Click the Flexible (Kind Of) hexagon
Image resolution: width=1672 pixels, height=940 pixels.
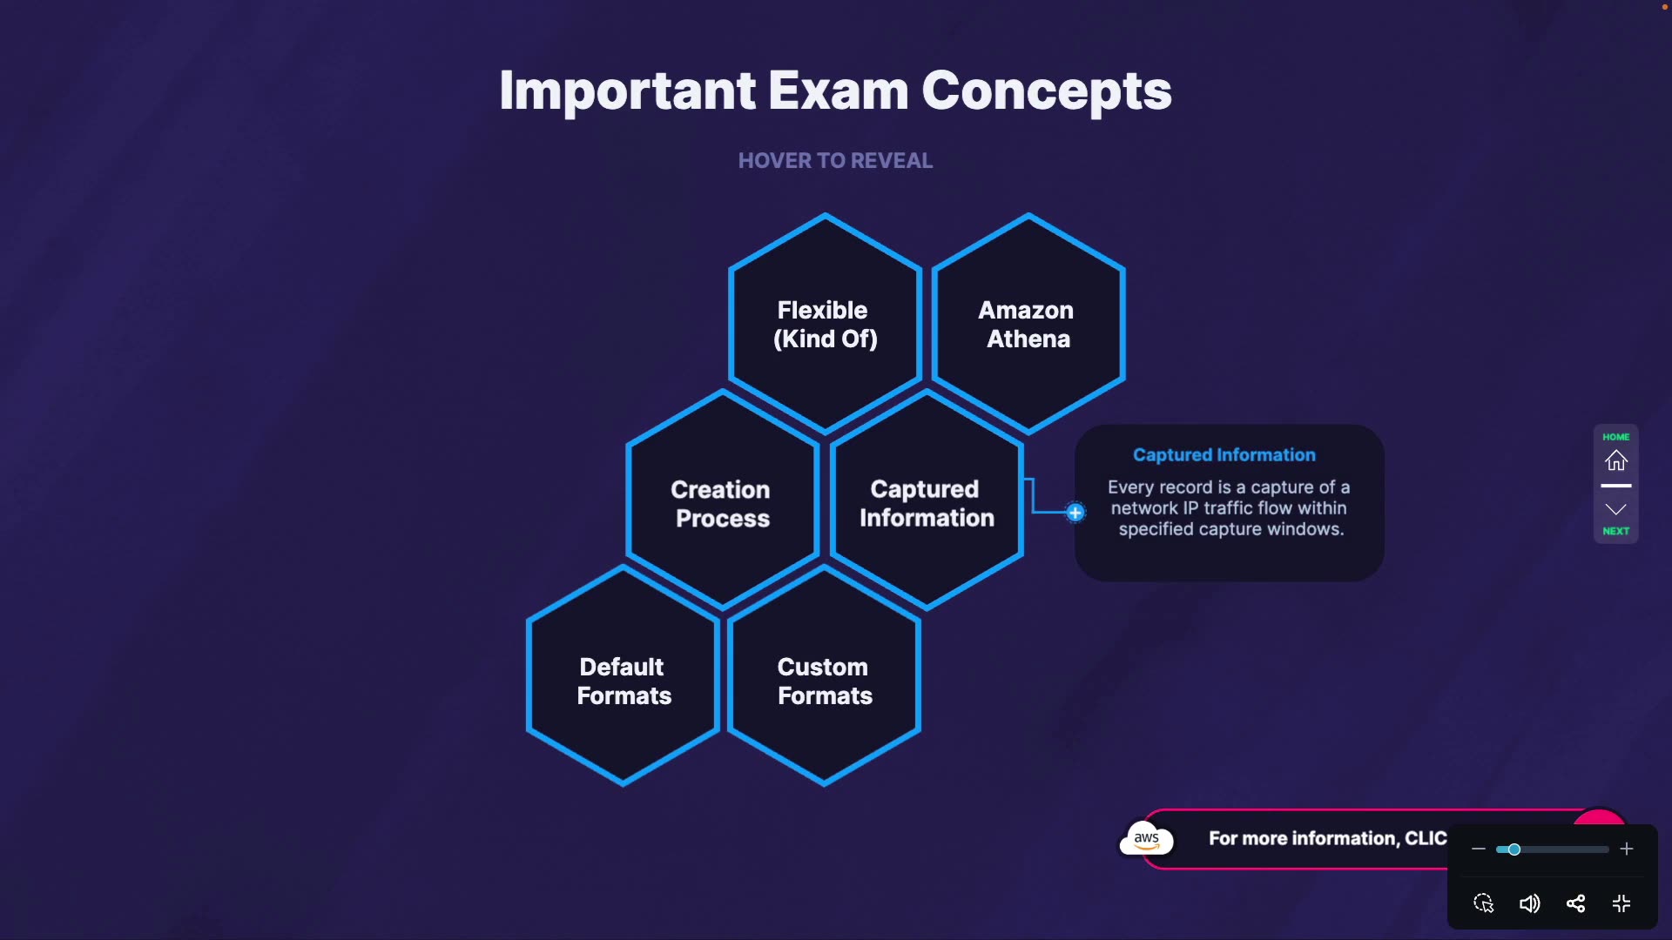[825, 324]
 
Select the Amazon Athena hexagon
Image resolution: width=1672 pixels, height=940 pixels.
[1028, 324]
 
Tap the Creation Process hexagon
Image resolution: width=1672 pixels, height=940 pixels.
[722, 503]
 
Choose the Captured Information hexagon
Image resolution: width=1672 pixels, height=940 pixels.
[927, 503]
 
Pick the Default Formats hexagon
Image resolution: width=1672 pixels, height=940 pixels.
[624, 681]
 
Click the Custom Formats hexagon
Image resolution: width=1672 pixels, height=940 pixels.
[824, 681]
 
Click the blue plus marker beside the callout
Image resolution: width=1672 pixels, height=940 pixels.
[1075, 513]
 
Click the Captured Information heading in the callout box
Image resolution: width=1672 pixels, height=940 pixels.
[1224, 454]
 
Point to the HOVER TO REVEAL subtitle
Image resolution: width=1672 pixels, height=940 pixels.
[835, 161]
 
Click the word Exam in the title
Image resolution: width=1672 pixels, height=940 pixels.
[838, 91]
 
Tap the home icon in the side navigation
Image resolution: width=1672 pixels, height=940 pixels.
[1616, 460]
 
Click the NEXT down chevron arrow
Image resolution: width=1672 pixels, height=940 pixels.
[1616, 510]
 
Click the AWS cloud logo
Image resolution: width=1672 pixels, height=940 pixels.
[1146, 839]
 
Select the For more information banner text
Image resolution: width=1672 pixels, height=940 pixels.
[1327, 838]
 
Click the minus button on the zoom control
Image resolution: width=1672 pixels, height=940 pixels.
[1479, 849]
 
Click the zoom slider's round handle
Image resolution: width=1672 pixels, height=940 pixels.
[1514, 849]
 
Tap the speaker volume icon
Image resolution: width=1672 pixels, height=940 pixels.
[1529, 903]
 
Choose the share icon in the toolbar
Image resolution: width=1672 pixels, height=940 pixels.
[1575, 903]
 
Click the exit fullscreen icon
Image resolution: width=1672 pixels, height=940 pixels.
[1621, 903]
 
